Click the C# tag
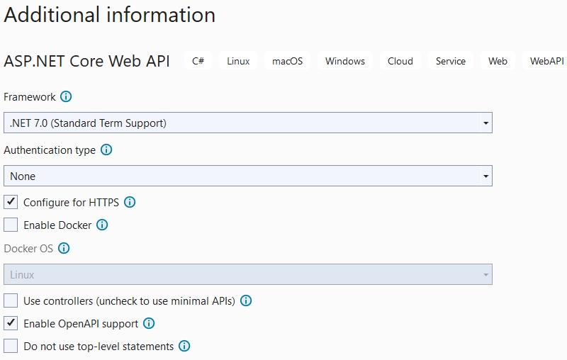tap(198, 61)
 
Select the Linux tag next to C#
tap(238, 61)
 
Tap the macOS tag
tap(288, 61)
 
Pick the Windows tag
tap(345, 61)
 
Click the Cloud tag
tap(400, 61)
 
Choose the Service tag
tap(451, 61)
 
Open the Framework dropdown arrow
tap(485, 123)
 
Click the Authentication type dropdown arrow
tap(485, 176)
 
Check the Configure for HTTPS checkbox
tap(11, 202)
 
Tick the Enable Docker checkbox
tap(11, 225)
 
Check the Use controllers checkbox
tap(11, 300)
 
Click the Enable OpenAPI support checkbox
tap(11, 323)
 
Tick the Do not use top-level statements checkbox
tap(11, 346)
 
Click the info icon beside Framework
tap(66, 96)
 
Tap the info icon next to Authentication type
tap(106, 150)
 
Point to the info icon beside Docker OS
tap(64, 248)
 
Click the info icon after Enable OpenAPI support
tap(149, 323)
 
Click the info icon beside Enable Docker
tap(102, 225)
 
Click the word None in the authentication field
tap(23, 176)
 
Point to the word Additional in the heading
tap(52, 15)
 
